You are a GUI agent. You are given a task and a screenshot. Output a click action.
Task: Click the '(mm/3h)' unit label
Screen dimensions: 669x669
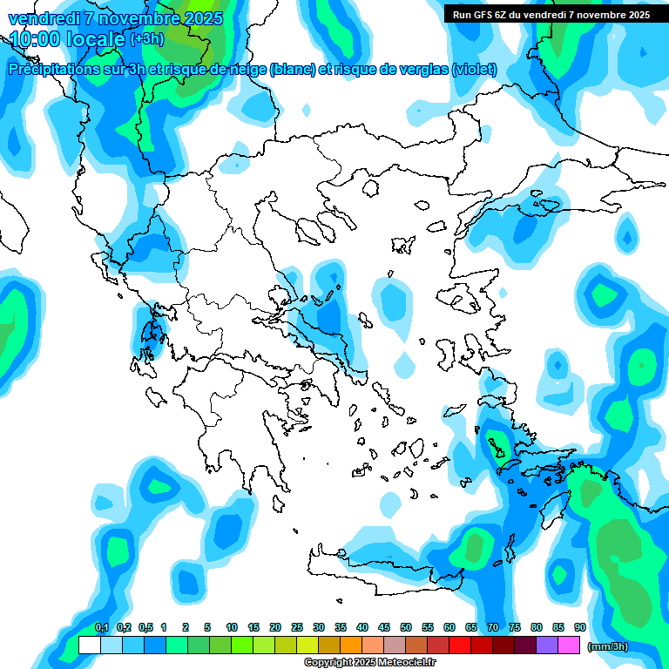[x=607, y=646]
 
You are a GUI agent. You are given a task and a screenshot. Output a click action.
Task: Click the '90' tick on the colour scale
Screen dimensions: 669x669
[x=579, y=627]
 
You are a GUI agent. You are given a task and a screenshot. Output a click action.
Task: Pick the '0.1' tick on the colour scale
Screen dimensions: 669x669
[x=101, y=627]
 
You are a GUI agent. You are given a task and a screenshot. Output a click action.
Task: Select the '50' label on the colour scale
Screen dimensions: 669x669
[x=406, y=627]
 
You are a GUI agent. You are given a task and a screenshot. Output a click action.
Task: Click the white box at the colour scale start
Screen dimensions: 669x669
[x=90, y=645]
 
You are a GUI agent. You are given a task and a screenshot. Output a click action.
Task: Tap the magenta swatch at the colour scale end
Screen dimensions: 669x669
[x=569, y=645]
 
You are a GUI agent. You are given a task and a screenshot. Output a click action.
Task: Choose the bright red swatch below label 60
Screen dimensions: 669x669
[x=460, y=645]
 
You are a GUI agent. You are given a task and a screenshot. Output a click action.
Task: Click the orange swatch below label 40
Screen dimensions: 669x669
[x=351, y=645]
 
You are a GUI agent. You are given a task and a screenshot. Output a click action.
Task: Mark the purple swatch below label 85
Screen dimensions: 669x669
[x=547, y=645]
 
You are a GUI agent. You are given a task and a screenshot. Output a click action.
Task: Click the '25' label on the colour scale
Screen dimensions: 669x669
[x=297, y=627]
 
